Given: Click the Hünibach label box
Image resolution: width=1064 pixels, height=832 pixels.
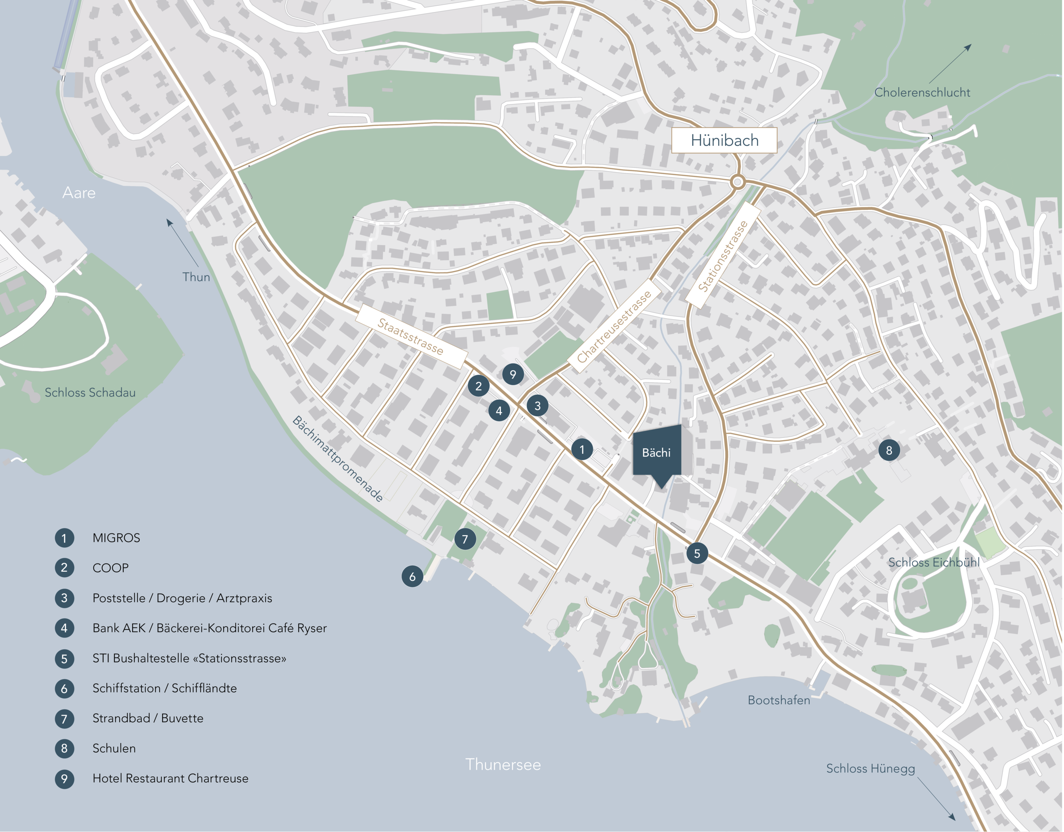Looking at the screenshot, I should [724, 140].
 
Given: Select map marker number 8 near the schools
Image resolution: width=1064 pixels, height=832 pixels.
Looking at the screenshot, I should [889, 450].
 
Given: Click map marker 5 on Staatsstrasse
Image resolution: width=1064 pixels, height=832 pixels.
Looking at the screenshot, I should [697, 554].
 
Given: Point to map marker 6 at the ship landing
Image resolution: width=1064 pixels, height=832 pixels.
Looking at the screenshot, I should [412, 576].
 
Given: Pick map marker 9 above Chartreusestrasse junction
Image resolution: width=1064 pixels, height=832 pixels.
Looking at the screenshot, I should [512, 374].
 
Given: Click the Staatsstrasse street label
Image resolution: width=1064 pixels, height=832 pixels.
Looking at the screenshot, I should [411, 336].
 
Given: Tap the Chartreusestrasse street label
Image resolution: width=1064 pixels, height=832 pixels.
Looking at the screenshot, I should [614, 326].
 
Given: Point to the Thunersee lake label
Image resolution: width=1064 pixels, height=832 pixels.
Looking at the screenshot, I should [503, 764].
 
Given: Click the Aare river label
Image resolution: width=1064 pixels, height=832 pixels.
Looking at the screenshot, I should [79, 193].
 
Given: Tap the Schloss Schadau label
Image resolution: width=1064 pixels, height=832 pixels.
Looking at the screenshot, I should [90, 392].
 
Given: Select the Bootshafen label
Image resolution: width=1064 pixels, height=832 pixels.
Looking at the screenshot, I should [778, 700].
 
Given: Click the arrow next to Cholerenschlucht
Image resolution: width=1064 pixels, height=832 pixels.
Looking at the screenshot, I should [950, 63].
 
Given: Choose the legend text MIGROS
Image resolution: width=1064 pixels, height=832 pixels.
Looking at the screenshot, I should [116, 538].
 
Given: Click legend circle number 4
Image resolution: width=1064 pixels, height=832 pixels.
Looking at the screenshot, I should [64, 628].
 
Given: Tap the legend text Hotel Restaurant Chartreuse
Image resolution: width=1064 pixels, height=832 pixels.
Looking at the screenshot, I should [170, 778].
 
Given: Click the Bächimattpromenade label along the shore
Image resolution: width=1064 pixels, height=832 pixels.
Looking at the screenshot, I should [337, 459].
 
